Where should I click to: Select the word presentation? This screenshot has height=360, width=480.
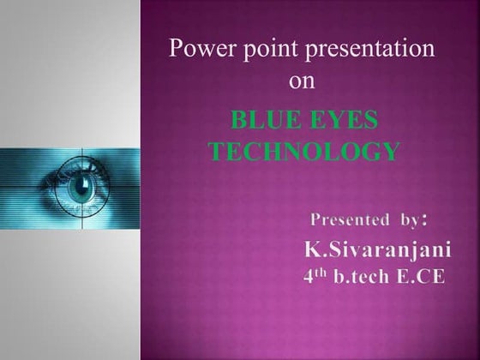[367, 49]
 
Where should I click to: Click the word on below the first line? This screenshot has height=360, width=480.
[303, 81]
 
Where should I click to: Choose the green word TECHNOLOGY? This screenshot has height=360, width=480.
[304, 153]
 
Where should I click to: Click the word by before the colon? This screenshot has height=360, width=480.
[407, 219]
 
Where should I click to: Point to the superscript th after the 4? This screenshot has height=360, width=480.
[322, 273]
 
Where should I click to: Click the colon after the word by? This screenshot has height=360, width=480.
[424, 221]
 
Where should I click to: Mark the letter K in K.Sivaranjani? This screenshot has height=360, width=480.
[312, 250]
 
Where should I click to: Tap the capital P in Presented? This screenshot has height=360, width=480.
[314, 219]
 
